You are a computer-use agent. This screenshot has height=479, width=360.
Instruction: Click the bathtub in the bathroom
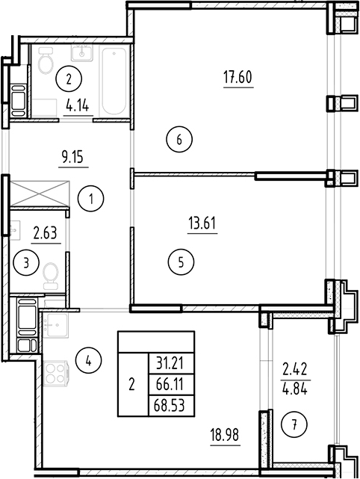pyautogui.click(x=114, y=80)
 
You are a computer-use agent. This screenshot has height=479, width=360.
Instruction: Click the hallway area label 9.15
pyautogui.click(x=72, y=158)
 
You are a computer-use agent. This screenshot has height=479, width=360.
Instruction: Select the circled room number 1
pyautogui.click(x=90, y=200)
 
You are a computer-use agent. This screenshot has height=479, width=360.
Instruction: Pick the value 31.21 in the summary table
pyautogui.click(x=170, y=363)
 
